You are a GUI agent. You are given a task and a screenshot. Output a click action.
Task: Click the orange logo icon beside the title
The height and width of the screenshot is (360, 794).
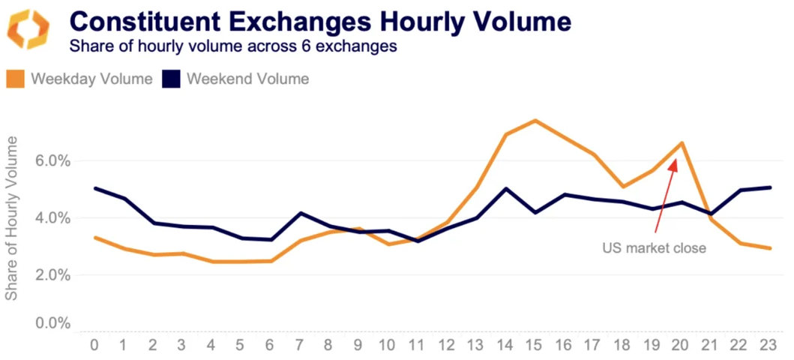28,29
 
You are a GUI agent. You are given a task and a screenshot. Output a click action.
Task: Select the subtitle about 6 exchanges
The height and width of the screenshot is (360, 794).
233,46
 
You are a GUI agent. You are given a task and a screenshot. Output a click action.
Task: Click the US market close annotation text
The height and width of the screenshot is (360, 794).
655,247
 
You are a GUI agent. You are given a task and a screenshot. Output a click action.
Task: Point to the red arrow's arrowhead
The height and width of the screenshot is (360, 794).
675,162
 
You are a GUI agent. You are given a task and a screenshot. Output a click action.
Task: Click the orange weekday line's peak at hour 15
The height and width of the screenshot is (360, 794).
534,120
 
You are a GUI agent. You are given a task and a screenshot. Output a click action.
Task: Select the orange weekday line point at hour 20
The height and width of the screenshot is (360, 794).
681,142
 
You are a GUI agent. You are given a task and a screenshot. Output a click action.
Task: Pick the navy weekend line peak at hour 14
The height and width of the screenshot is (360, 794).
505,188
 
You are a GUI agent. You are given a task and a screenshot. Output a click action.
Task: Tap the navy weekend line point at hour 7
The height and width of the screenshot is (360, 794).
300,213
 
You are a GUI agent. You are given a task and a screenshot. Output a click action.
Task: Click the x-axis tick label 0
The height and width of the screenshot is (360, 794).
94,346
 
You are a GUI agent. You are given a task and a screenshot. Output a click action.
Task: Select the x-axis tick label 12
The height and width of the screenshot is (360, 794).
446,346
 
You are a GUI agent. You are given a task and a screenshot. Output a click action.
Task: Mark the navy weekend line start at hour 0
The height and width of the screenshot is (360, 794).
94,188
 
